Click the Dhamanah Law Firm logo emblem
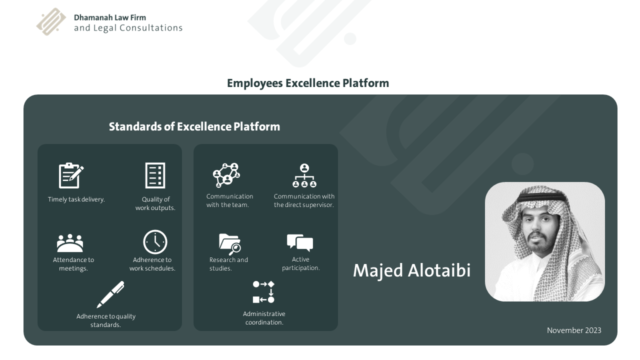click(51, 22)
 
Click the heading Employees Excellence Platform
click(307, 83)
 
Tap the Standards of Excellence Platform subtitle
click(194, 126)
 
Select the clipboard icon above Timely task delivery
click(71, 175)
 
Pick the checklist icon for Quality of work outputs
click(155, 175)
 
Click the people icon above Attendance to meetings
click(70, 243)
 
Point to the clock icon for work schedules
click(155, 242)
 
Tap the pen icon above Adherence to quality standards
click(110, 294)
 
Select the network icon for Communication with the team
click(226, 175)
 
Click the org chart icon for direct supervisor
click(304, 175)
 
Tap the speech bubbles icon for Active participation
click(300, 242)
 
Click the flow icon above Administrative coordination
click(263, 292)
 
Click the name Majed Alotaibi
click(411, 270)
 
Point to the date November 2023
click(574, 330)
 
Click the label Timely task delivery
click(76, 199)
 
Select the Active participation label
click(300, 263)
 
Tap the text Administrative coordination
click(264, 318)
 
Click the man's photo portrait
click(544, 242)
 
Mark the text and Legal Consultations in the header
click(128, 28)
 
